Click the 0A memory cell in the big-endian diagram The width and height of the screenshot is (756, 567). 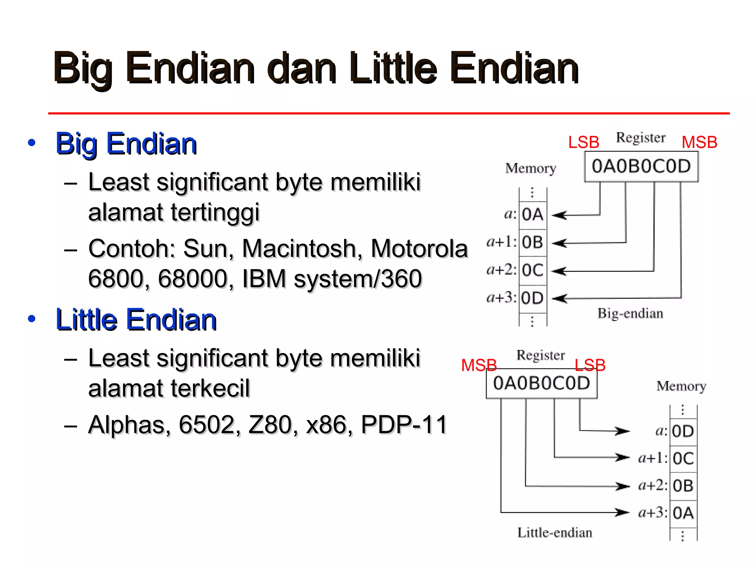(533, 214)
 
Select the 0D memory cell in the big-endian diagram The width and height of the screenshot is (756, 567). (533, 298)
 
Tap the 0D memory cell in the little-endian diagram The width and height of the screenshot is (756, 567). (683, 431)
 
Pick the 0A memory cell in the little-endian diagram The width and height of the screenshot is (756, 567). (683, 513)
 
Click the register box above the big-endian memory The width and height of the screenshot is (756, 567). (641, 166)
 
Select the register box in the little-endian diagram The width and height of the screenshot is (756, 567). (542, 383)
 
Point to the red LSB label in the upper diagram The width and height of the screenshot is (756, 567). (584, 142)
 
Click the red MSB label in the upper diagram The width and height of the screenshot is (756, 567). (699, 142)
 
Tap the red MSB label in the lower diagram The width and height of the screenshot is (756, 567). (479, 365)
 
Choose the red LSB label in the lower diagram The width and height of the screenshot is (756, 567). (590, 365)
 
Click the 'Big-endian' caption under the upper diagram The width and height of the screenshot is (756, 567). (630, 313)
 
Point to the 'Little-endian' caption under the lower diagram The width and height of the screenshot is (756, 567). (554, 533)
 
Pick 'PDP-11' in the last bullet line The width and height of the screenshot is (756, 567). (404, 425)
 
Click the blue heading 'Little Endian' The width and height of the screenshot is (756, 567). (136, 320)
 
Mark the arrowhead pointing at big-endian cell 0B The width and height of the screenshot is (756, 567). (559, 243)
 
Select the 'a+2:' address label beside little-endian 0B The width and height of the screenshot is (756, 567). (653, 485)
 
